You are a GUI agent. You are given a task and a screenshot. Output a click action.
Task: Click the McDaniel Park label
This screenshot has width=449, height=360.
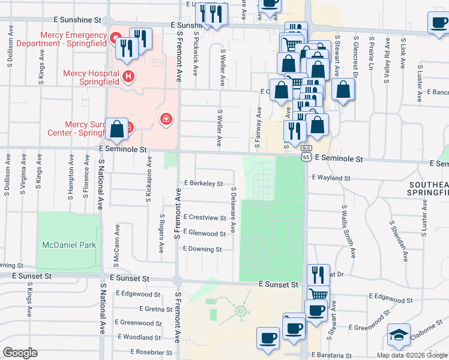click(69, 245)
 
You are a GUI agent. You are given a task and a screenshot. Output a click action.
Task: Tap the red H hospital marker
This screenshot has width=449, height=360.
click(127, 76)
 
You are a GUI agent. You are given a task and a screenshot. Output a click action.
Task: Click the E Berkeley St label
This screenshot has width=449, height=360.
click(203, 183)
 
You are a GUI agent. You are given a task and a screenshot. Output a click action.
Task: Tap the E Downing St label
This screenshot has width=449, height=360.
click(202, 249)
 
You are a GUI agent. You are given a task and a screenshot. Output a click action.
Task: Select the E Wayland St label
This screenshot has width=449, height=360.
click(331, 178)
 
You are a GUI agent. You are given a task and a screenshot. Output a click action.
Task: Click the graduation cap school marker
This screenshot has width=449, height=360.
click(398, 335)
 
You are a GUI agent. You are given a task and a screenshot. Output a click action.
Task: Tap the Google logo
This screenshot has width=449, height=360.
click(20, 353)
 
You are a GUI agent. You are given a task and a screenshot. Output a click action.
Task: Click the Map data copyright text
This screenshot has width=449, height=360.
click(411, 355)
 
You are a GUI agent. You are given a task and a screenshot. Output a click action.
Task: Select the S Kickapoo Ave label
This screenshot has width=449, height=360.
click(148, 178)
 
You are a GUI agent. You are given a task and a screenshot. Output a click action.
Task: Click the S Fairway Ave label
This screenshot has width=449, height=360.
click(259, 127)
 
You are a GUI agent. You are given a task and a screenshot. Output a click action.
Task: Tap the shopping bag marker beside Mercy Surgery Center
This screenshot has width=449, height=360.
click(116, 129)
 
